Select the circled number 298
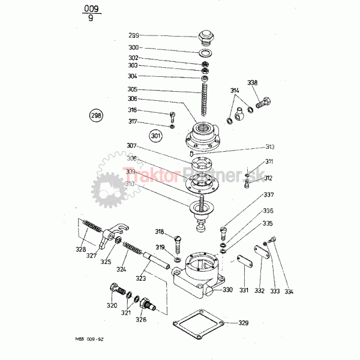(x=96, y=115)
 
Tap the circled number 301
(x=157, y=136)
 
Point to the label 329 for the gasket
(x=243, y=323)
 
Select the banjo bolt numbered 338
(x=263, y=103)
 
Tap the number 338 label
(x=253, y=82)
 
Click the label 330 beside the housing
(x=227, y=290)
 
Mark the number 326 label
(x=140, y=319)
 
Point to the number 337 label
(x=268, y=194)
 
